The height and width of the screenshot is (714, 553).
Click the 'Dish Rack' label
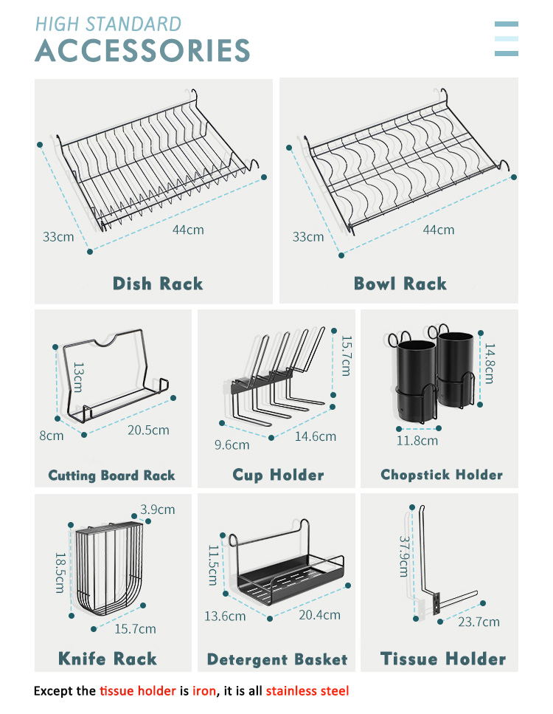point(157,284)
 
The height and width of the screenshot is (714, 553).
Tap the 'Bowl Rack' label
point(400,284)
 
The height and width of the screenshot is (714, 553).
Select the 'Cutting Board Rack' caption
point(112,476)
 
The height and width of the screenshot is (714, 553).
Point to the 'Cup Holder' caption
point(278,475)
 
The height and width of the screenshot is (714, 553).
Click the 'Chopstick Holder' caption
point(441,475)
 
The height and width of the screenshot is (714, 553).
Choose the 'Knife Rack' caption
point(108,659)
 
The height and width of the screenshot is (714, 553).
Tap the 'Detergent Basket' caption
point(277,659)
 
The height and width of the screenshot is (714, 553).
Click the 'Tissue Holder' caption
point(443,659)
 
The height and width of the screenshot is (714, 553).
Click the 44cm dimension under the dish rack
point(188,230)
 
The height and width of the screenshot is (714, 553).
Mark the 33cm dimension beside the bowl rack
point(308,237)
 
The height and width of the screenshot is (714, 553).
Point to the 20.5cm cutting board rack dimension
point(148,430)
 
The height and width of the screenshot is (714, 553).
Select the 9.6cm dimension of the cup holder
point(232,444)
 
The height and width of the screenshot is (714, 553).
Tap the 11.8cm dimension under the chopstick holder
point(417,441)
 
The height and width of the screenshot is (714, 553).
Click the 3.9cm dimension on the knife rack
point(158,509)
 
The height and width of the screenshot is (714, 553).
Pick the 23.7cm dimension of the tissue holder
point(479,622)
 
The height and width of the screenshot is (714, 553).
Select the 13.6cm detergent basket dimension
point(225,615)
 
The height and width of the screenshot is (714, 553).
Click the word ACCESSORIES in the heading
point(142,50)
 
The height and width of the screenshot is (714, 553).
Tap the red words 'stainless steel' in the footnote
point(307,691)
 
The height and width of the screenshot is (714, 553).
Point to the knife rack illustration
point(108,569)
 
